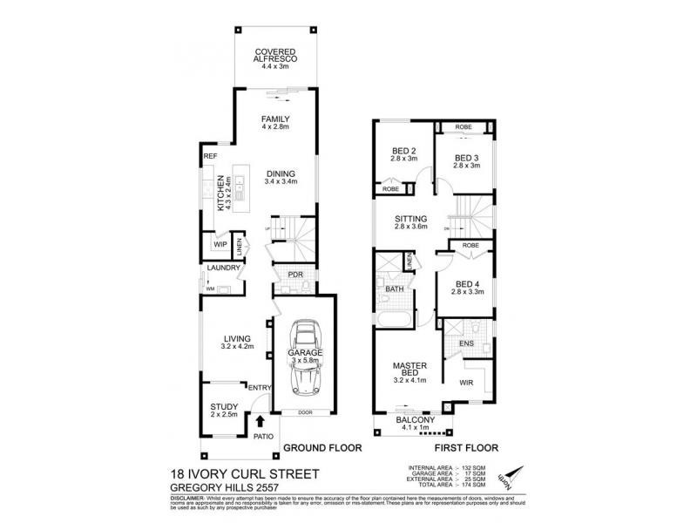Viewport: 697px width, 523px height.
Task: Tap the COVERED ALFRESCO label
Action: [x=274, y=57]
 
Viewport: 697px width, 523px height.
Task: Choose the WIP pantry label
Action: [x=220, y=245]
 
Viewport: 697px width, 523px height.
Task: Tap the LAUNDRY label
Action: [x=224, y=268]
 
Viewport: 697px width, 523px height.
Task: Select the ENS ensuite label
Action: [x=468, y=344]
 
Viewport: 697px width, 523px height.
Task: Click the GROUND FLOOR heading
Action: [x=318, y=449]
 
